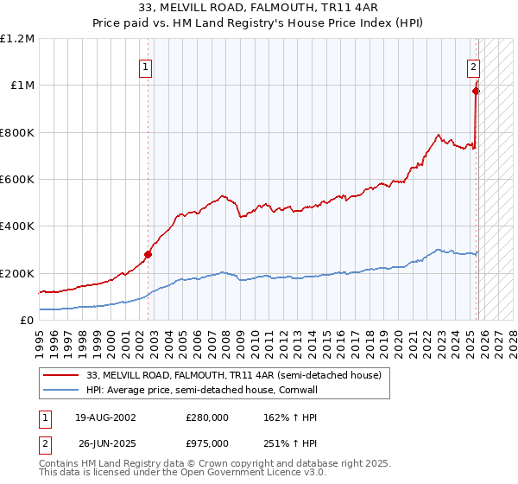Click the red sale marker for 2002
pyautogui.click(x=148, y=254)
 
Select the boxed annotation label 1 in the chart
pyautogui.click(x=148, y=66)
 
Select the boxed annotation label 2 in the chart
pyautogui.click(x=474, y=66)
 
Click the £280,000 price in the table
pyautogui.click(x=207, y=417)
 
